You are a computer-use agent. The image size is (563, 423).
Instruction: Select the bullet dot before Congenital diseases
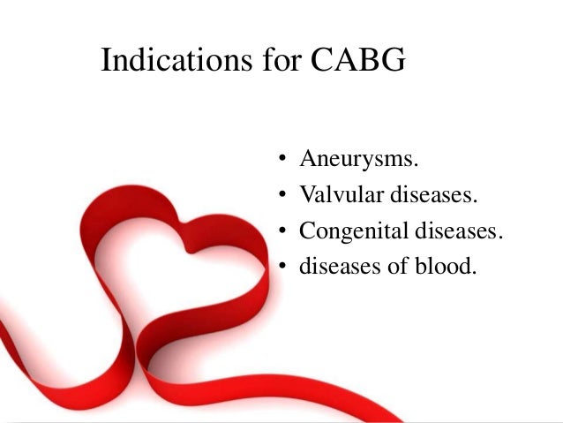[x=281, y=232]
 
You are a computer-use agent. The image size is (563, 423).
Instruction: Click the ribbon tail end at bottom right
[x=388, y=415]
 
